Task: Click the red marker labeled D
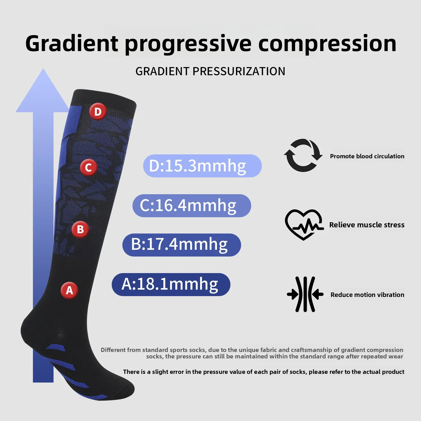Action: click(98, 111)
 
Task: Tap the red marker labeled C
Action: click(88, 167)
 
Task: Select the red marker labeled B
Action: click(80, 229)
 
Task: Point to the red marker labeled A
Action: click(69, 290)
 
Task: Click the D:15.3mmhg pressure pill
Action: click(202, 166)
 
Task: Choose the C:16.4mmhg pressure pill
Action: click(192, 205)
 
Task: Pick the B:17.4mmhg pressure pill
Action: click(182, 245)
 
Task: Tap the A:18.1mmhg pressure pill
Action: click(171, 284)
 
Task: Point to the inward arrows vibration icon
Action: click(305, 294)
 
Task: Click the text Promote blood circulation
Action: click(367, 156)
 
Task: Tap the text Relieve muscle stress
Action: click(367, 225)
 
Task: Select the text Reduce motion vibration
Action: click(367, 295)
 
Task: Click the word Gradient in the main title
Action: click(72, 44)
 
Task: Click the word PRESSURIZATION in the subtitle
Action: click(239, 71)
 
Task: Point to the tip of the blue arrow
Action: click(43, 69)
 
